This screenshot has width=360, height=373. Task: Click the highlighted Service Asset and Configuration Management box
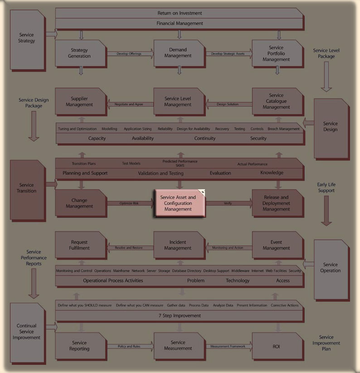[x=178, y=203]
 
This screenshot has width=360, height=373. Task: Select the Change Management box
[x=79, y=203]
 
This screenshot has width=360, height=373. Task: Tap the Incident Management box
[x=178, y=245]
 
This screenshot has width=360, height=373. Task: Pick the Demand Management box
[x=178, y=53]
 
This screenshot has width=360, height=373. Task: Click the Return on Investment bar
[x=180, y=13]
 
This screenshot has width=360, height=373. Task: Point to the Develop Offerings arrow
[x=129, y=54]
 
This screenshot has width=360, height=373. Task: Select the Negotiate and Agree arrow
[x=129, y=104]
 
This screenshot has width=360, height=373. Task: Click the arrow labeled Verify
[x=228, y=203]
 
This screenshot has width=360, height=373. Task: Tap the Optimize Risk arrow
[x=129, y=203]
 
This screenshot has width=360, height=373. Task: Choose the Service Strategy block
[x=27, y=38]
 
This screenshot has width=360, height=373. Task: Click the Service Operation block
[x=331, y=268]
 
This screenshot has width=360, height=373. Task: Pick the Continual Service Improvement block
[x=27, y=332]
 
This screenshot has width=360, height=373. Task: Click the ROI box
[x=276, y=347]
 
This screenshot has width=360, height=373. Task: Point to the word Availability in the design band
[x=143, y=138]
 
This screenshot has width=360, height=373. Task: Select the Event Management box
[x=276, y=245]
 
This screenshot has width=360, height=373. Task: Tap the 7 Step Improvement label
[x=180, y=315]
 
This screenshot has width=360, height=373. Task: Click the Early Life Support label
[x=326, y=187]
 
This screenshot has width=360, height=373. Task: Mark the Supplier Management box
[x=79, y=102]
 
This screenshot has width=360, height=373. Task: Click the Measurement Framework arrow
[x=228, y=347]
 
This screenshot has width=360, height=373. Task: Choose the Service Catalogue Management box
[x=276, y=101]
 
